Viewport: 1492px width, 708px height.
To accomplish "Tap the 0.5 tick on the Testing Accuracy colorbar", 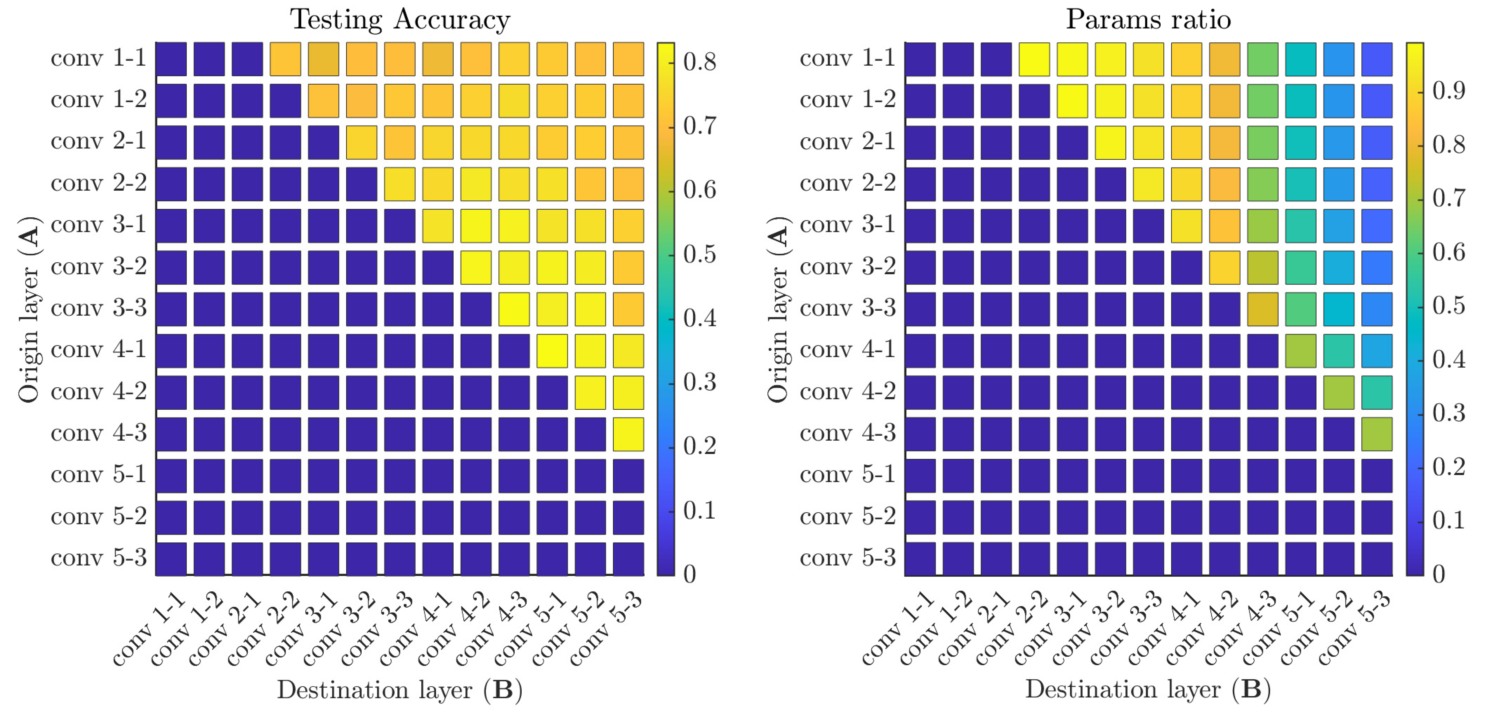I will click(x=700, y=254).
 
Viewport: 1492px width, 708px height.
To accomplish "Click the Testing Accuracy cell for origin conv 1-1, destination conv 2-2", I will click(x=286, y=58).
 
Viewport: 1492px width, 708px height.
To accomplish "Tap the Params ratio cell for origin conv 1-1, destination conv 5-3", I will click(x=1377, y=58).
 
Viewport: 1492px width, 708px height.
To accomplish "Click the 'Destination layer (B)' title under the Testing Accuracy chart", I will click(x=400, y=689).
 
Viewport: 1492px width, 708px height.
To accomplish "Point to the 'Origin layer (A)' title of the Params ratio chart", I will click(x=778, y=309).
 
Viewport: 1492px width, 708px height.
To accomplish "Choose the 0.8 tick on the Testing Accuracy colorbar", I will click(x=700, y=61).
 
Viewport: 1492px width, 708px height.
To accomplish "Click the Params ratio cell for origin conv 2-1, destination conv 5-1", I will click(x=1301, y=142).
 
